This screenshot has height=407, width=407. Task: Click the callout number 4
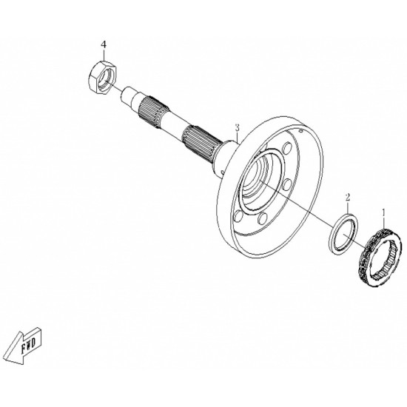coord(104,45)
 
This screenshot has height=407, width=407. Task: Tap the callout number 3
coord(237,128)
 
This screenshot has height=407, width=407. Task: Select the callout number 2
coord(348,197)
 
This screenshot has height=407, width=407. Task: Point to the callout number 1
coord(383,213)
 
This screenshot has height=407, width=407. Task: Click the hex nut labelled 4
coord(102,78)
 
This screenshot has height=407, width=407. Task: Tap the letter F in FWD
coord(24,349)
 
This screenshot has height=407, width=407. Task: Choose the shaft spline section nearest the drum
coord(202,144)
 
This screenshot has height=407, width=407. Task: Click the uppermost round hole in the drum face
coord(287,148)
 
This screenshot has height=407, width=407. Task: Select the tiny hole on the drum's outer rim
coord(300,131)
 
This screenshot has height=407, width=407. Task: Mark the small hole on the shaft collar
coord(222,172)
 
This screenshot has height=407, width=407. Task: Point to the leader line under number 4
coord(104,55)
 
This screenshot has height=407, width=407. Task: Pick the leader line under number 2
coord(348,208)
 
